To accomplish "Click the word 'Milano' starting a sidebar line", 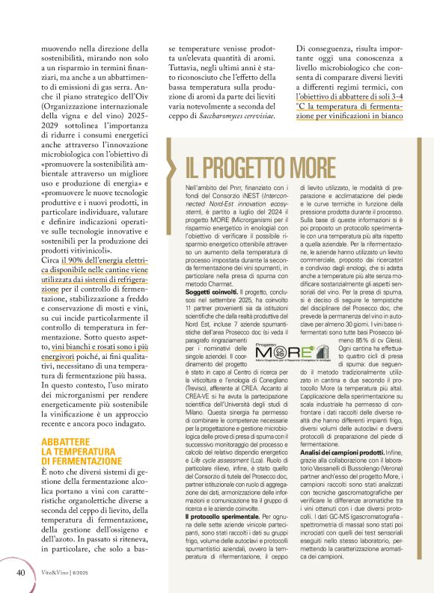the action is pos(194,417).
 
